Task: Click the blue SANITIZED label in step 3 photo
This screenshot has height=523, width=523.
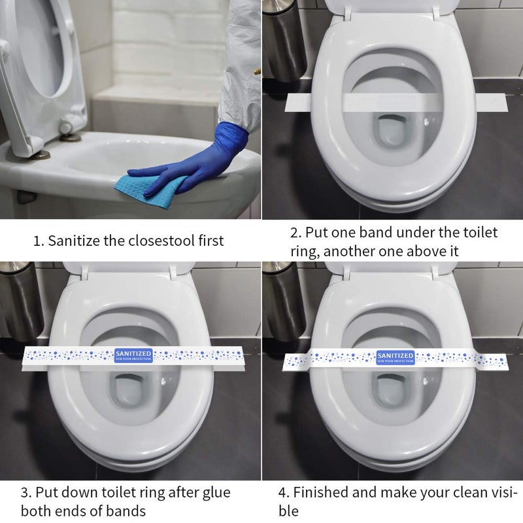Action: pos(133,355)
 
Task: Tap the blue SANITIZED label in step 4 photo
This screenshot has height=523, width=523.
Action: pos(395,357)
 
